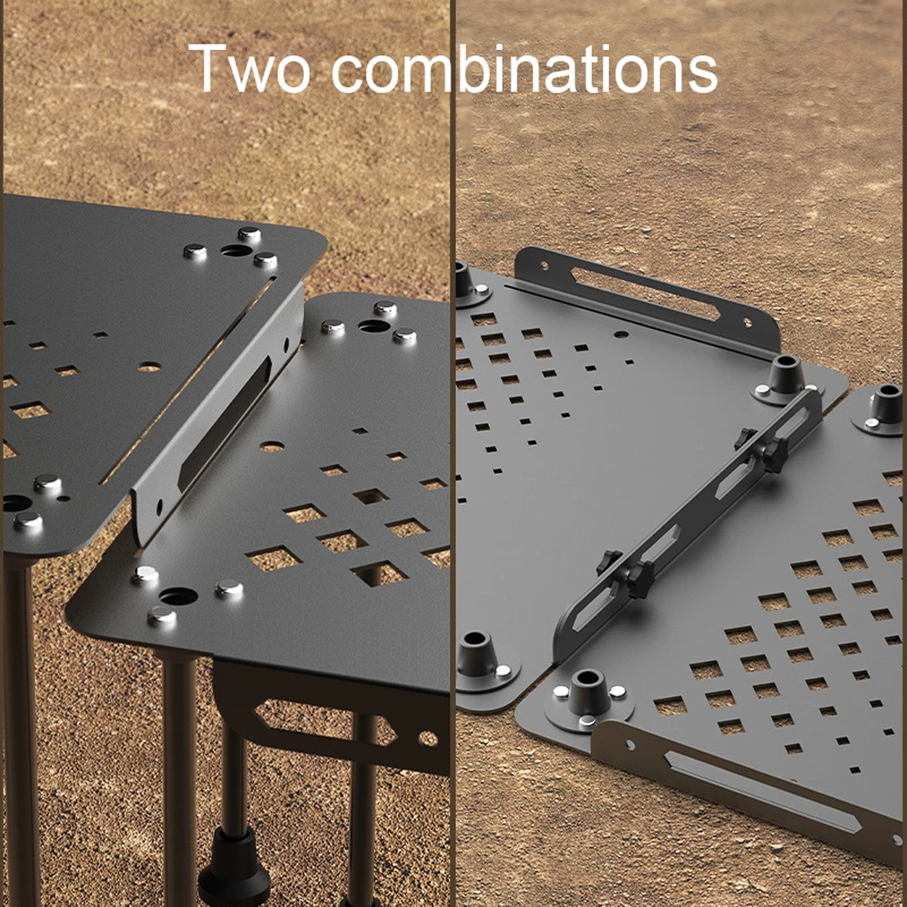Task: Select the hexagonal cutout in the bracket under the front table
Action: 325,720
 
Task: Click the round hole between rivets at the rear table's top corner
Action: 236,250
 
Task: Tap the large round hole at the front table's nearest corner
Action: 179,596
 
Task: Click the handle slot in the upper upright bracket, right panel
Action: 645,294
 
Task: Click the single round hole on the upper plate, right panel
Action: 621,334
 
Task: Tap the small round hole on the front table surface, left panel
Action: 271,447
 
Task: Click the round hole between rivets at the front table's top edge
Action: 373,326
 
